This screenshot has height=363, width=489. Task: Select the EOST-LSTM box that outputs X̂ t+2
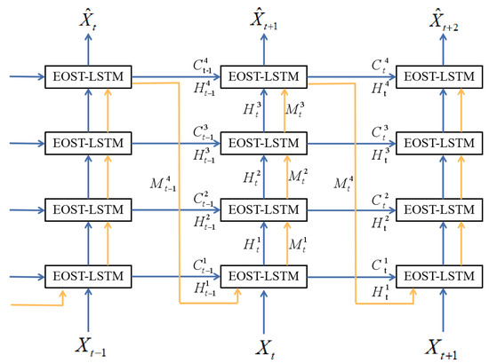pyautogui.click(x=440, y=75)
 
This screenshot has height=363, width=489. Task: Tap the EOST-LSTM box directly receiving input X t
pyautogui.click(x=263, y=274)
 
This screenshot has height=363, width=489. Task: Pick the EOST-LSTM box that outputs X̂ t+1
pyautogui.click(x=263, y=75)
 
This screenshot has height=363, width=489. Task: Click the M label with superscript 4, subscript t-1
pyautogui.click(x=166, y=185)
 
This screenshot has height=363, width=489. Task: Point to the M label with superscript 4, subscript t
pyautogui.click(x=341, y=185)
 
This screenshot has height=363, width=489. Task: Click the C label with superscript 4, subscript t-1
pyautogui.click(x=204, y=65)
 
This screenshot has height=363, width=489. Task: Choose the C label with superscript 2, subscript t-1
pyautogui.click(x=204, y=198)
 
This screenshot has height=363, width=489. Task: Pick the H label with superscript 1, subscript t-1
pyautogui.click(x=204, y=285)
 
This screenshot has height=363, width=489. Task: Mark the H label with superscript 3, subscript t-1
pyautogui.click(x=204, y=153)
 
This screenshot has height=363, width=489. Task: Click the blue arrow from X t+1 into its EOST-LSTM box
pyautogui.click(x=441, y=307)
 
